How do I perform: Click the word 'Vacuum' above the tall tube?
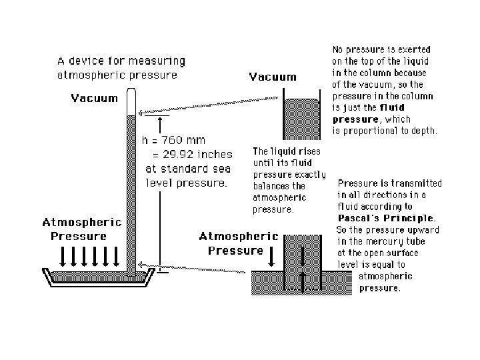95,99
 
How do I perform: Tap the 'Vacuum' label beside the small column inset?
273,77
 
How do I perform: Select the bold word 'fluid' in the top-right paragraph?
411,107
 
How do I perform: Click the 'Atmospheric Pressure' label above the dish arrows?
82,229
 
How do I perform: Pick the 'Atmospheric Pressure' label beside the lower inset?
239,243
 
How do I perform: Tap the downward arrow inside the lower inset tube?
304,257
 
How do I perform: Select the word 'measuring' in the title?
159,61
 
